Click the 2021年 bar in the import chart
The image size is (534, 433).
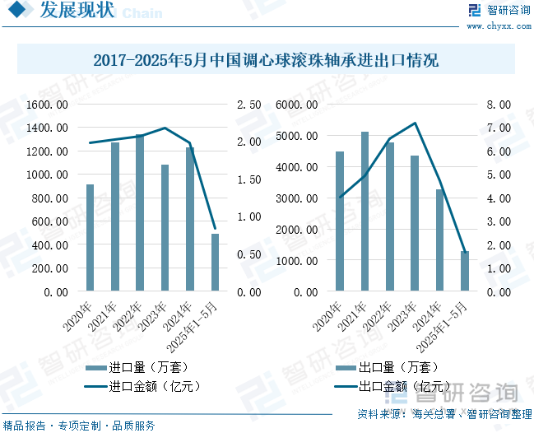115,216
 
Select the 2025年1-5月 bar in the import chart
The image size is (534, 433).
216,263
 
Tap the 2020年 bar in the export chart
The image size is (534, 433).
339,221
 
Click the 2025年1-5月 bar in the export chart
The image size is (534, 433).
465,272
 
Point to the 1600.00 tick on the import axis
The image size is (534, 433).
47,105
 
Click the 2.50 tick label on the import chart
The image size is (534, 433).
249,105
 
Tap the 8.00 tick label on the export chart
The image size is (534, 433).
499,105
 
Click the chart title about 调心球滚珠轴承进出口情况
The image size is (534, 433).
266,60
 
